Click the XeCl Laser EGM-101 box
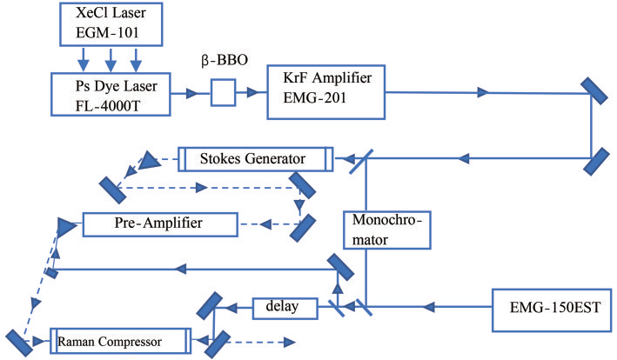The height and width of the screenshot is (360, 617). [111, 24]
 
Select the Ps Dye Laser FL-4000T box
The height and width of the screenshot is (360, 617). [111, 94]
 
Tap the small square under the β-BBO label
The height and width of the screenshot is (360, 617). [223, 93]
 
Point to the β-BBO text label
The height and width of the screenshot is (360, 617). [225, 61]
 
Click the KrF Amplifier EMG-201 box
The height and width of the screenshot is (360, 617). [325, 92]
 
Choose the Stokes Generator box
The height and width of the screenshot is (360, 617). [256, 159]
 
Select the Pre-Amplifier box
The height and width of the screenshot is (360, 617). [160, 224]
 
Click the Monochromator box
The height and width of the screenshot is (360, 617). [386, 230]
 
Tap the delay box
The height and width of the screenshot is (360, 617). [285, 308]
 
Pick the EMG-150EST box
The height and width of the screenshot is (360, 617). [552, 310]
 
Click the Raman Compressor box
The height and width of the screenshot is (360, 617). [120, 341]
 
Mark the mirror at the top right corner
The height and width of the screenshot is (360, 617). [594, 90]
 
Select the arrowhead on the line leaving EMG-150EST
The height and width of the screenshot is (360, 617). [429, 307]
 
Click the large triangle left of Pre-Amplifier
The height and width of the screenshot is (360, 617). [66, 227]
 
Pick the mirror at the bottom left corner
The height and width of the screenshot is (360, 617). [19, 343]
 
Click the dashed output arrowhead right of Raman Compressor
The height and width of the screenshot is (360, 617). [289, 343]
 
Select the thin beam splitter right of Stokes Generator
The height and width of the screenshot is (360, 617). [361, 161]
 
